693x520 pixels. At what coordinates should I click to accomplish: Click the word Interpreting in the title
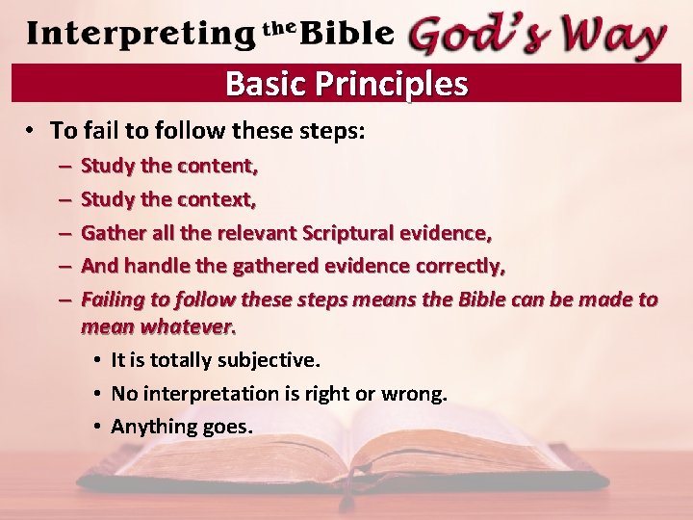click(140, 34)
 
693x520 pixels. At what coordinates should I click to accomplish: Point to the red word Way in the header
click(612, 36)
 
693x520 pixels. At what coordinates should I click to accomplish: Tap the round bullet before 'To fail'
click(32, 131)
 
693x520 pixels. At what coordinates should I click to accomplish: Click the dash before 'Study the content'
click(62, 166)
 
